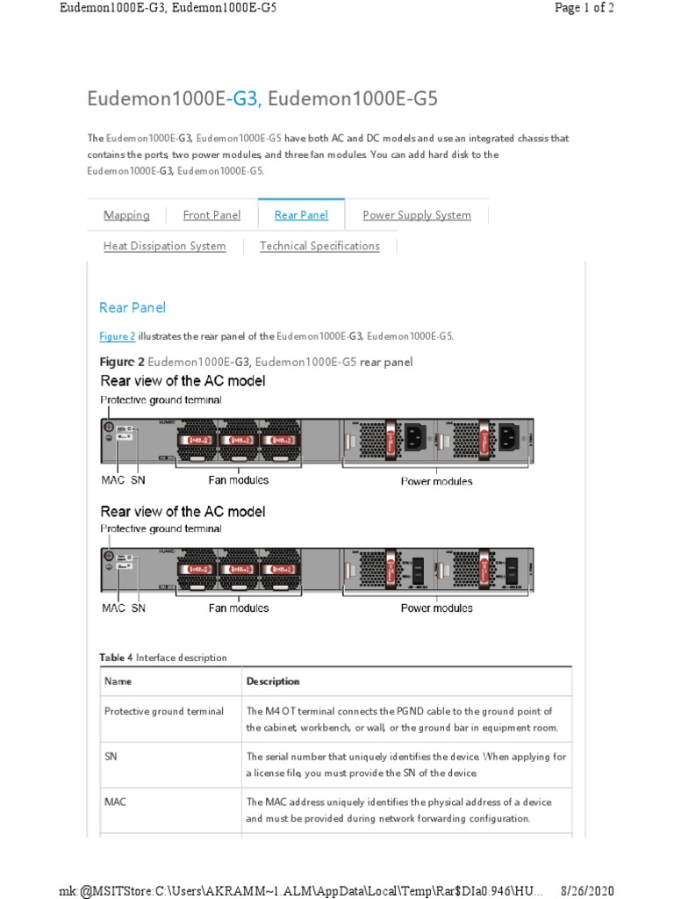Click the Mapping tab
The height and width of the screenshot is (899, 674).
[x=126, y=215]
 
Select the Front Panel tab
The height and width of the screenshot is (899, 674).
[x=212, y=215]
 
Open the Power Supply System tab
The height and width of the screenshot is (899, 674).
[x=416, y=215]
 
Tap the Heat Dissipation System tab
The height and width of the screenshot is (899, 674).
[x=164, y=246]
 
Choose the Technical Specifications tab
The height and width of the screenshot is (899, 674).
[x=319, y=246]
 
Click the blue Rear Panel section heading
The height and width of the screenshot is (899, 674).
[x=133, y=307]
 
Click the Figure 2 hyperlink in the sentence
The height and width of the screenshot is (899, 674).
[x=117, y=336]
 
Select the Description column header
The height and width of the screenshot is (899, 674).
[x=273, y=681]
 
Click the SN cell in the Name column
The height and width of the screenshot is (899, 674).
[x=111, y=756]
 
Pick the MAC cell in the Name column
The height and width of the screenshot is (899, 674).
[x=115, y=802]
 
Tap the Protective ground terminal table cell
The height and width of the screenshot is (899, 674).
[x=164, y=711]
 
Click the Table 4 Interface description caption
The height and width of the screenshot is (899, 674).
[x=162, y=658]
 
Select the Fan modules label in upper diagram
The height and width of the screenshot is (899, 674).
[x=238, y=480]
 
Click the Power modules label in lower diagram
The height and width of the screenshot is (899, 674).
[x=436, y=608]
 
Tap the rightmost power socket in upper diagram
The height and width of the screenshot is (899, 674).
[x=508, y=436]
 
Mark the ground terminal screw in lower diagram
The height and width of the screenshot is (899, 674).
[x=108, y=556]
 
